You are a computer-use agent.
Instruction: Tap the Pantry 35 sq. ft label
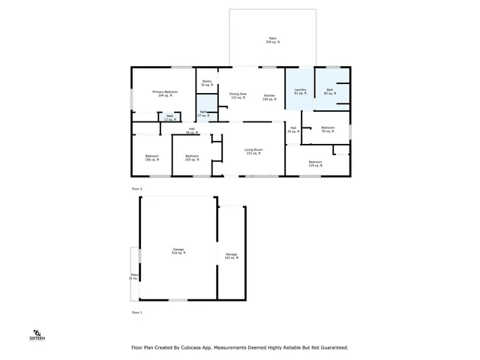206,83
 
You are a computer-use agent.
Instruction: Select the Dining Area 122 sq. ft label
238,96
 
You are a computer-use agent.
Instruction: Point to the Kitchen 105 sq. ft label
270,97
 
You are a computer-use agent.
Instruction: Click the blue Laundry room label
300,91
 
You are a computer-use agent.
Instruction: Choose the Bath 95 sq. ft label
329,91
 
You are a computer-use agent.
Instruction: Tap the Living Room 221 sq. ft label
253,151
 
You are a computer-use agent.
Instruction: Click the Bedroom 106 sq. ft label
152,157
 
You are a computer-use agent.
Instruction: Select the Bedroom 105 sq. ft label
192,157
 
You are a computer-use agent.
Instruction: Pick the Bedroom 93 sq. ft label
327,129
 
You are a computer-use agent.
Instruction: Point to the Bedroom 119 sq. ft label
315,163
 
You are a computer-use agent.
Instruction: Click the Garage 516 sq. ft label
178,251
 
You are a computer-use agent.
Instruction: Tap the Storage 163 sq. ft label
232,256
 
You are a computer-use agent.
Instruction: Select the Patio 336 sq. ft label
272,40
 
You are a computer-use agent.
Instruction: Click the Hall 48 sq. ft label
192,130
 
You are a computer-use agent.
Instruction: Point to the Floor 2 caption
136,188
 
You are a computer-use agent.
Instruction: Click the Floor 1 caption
136,311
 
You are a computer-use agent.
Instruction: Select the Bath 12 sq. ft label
170,116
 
